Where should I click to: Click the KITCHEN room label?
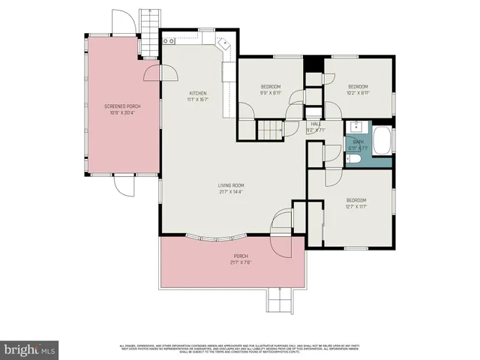(197, 92)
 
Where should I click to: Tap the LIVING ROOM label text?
(231, 185)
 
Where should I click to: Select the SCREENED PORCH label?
(122, 106)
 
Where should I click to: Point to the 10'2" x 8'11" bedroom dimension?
(357, 93)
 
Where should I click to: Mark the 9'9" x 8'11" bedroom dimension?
(271, 93)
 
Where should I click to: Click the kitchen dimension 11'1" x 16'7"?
(197, 98)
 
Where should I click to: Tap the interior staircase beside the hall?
(270, 130)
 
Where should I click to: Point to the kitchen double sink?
(224, 43)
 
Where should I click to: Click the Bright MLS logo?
(30, 349)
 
